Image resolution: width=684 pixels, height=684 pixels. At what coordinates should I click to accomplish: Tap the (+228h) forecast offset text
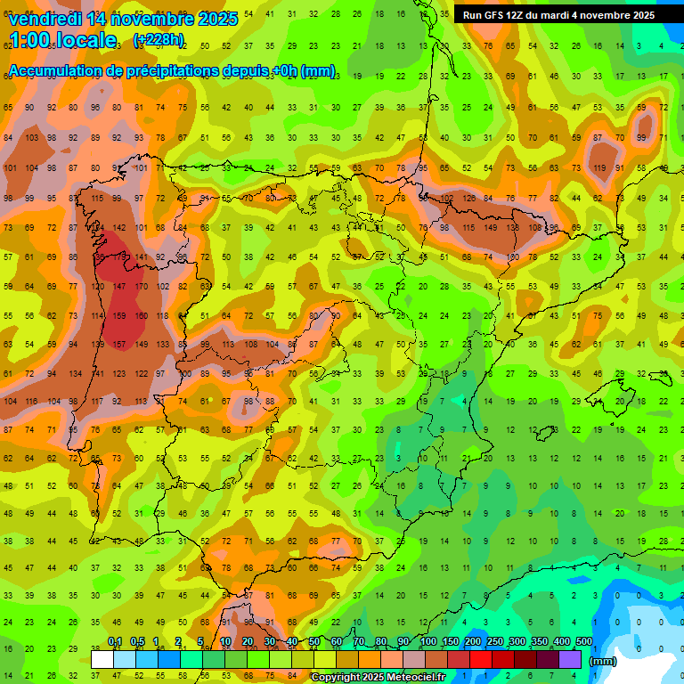tap(159, 39)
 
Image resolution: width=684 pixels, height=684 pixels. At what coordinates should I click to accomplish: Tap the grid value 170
tap(141, 286)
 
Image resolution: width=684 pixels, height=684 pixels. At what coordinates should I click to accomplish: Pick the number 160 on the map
tap(141, 315)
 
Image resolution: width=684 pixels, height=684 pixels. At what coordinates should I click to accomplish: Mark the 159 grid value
tap(118, 315)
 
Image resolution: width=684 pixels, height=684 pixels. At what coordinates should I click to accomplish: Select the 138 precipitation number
tap(513, 227)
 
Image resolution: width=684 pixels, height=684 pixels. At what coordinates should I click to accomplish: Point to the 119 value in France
tap(599, 168)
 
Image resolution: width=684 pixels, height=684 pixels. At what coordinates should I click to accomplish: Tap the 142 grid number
tap(118, 227)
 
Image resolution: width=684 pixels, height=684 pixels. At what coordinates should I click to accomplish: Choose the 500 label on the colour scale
tap(584, 641)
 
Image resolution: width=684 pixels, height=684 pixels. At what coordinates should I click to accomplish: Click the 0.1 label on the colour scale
tap(115, 641)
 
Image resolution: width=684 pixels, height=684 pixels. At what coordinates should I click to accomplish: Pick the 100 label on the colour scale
tap(428, 641)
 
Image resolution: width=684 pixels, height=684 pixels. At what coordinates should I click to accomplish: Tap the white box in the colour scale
tap(102, 659)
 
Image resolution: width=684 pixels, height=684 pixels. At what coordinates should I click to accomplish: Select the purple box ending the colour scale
tap(570, 659)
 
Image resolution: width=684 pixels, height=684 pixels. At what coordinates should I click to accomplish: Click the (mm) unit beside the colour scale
tap(603, 661)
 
